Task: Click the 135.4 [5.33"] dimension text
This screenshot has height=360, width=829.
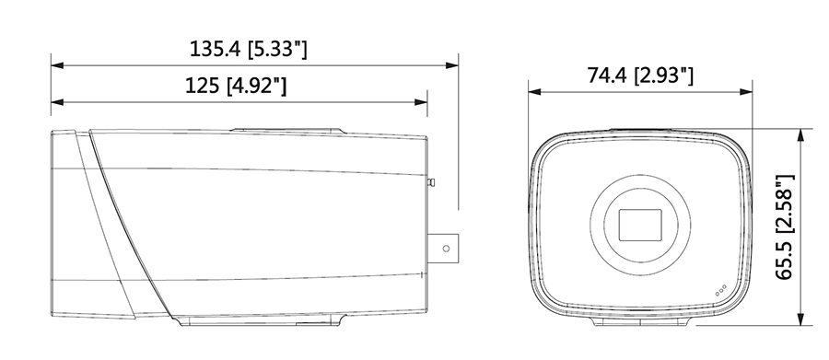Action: pyautogui.click(x=248, y=49)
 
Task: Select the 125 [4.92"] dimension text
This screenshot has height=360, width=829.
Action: pyautogui.click(x=236, y=85)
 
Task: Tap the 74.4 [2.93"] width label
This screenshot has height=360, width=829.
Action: pyautogui.click(x=640, y=75)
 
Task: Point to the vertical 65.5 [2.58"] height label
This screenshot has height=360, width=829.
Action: pyautogui.click(x=785, y=226)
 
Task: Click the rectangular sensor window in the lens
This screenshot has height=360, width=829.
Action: pyautogui.click(x=640, y=225)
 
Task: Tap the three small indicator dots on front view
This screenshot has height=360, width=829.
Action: pyautogui.click(x=720, y=290)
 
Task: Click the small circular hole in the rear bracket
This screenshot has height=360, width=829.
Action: pyautogui.click(x=446, y=248)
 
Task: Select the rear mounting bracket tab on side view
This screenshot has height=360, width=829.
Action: pyautogui.click(x=443, y=248)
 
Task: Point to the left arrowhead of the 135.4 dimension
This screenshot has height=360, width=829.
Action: pyautogui.click(x=57, y=65)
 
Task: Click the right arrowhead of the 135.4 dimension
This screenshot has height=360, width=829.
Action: pyautogui.click(x=452, y=65)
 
